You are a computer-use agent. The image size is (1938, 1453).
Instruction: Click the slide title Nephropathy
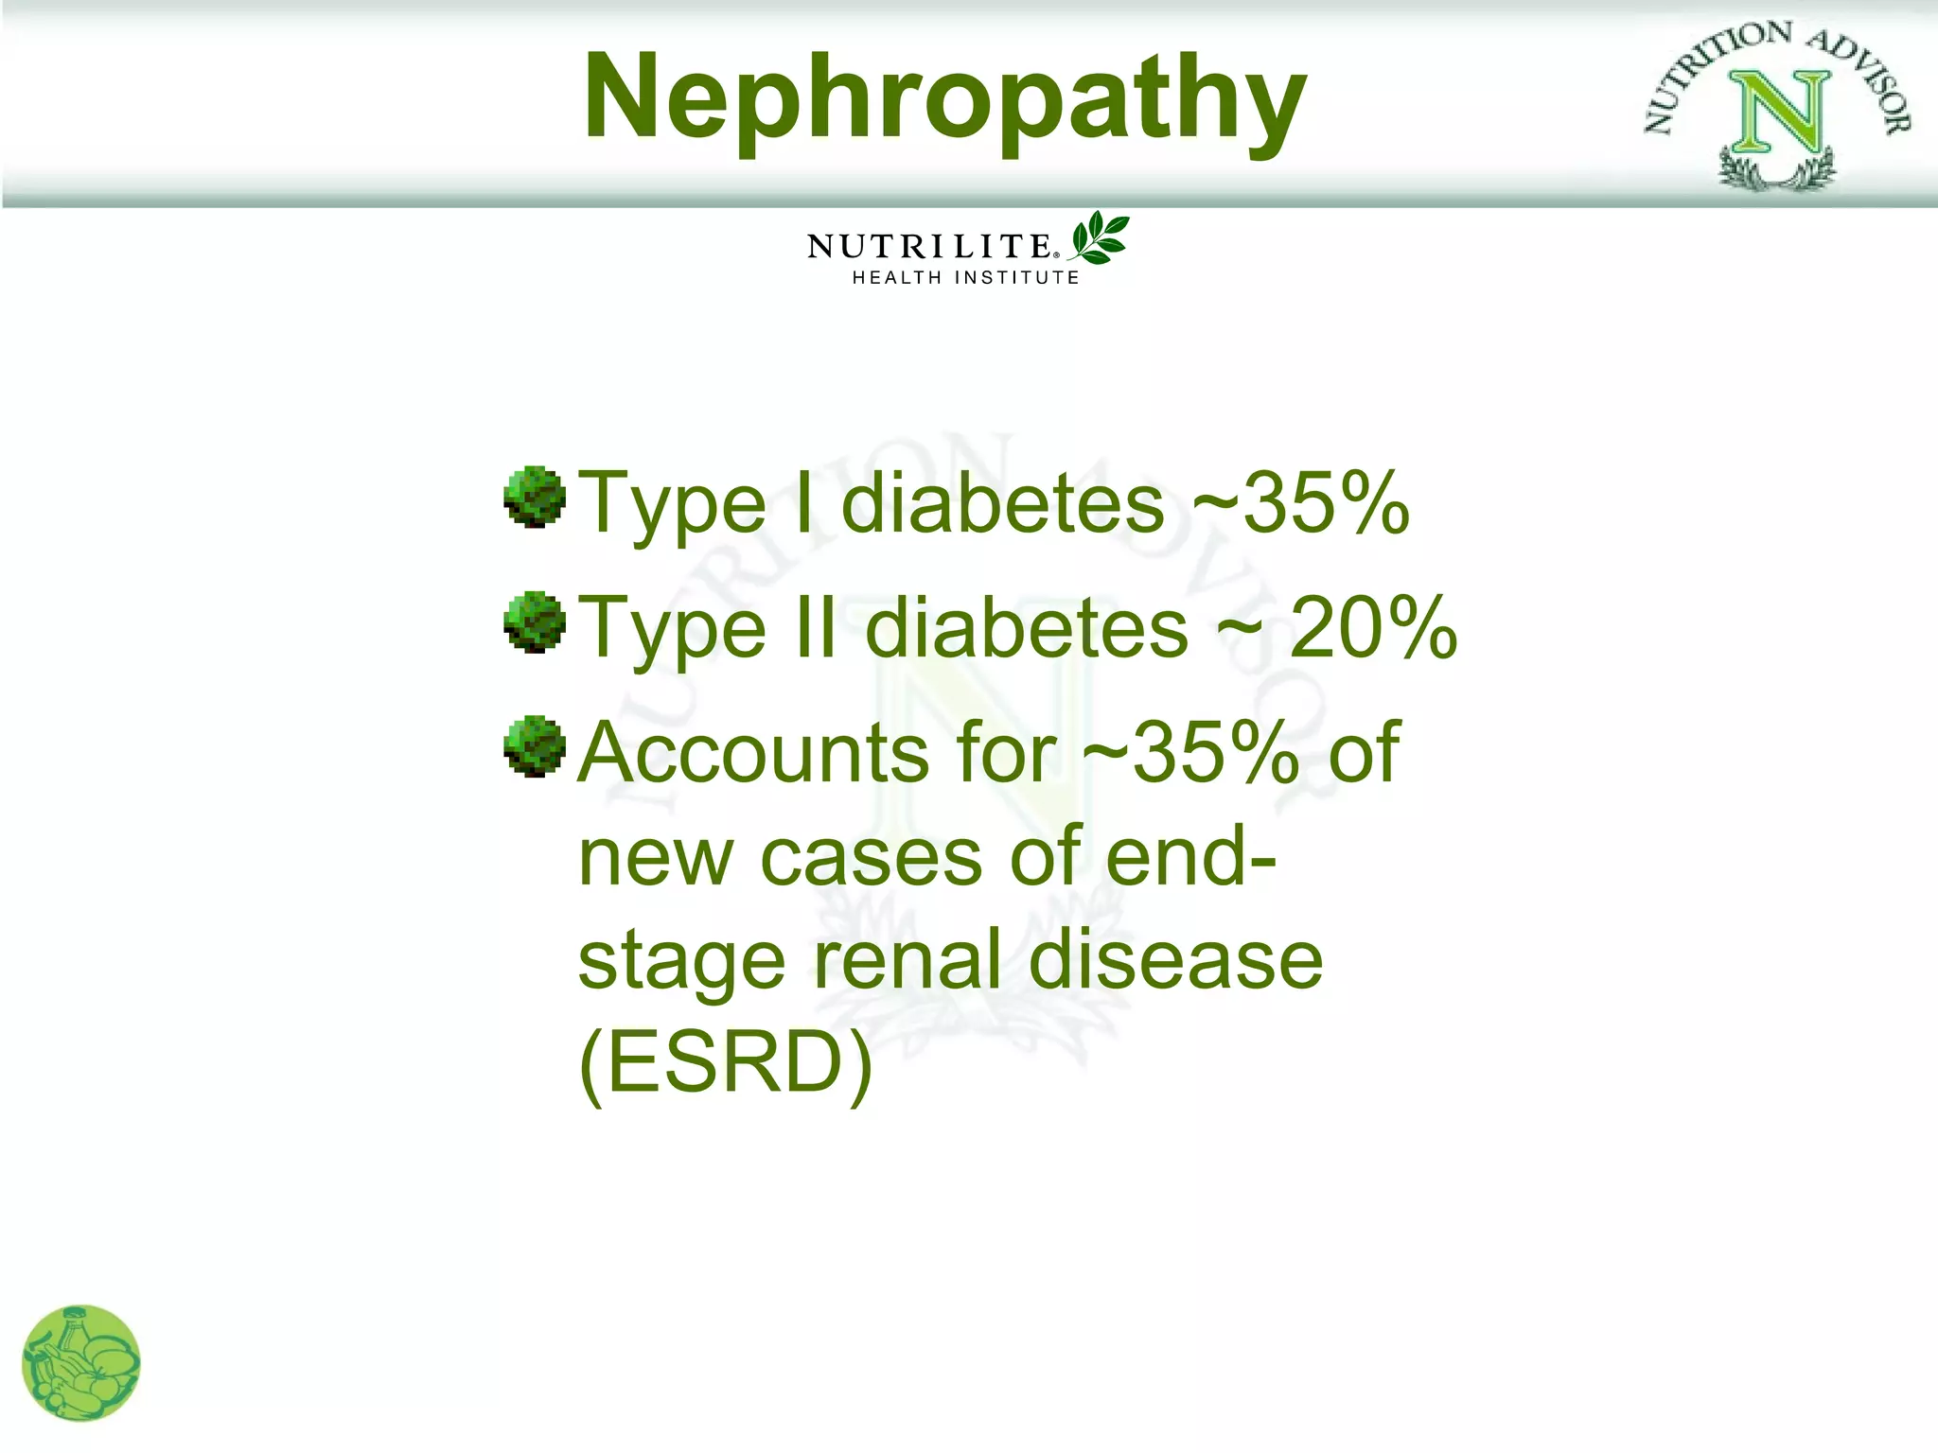pos(944,96)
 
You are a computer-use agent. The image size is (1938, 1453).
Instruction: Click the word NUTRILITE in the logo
pos(929,247)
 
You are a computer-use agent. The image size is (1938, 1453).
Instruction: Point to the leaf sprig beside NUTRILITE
pos(1099,237)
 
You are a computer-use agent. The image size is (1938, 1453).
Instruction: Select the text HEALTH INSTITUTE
pos(965,278)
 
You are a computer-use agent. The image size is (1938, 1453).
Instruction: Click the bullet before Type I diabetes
pos(535,497)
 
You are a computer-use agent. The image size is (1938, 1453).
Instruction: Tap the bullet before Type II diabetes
pos(535,622)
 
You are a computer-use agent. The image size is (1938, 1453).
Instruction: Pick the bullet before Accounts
pos(535,746)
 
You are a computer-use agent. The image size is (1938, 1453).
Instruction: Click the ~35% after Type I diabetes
pos(1301,503)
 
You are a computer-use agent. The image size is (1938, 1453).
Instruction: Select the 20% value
pos(1373,628)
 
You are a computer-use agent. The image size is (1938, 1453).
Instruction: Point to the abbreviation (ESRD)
pos(725,1063)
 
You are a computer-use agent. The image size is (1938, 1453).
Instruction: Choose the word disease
pos(1175,960)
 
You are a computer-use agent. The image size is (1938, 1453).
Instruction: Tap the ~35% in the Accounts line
pos(1191,753)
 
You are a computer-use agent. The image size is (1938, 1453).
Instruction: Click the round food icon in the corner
pos(81,1363)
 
